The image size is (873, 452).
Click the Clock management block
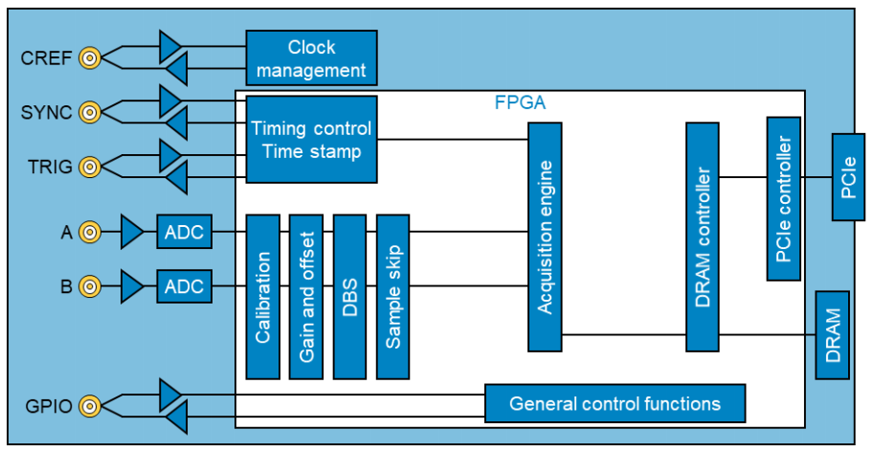tap(311, 57)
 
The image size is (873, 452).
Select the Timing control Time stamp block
tap(311, 139)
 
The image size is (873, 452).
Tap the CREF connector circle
tap(89, 57)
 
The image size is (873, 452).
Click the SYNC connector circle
tap(89, 112)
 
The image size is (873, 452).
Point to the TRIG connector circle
tap(89, 167)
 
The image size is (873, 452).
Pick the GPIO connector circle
tap(89, 406)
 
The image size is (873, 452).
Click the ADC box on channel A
tap(185, 232)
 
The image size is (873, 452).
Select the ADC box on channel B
tap(185, 286)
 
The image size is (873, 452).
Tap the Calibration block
tap(263, 297)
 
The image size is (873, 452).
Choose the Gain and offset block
tap(306, 297)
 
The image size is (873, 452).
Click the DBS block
tap(349, 297)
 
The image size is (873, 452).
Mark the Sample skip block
tap(393, 297)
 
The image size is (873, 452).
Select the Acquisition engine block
tap(545, 237)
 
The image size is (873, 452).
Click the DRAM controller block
tap(703, 237)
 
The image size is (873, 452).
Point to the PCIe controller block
tap(784, 199)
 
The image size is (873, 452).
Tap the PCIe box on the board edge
tap(849, 177)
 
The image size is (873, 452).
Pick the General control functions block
tap(616, 403)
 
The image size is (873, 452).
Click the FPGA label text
tap(520, 103)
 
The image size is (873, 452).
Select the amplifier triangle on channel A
tap(132, 232)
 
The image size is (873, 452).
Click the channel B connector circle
tap(89, 286)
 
